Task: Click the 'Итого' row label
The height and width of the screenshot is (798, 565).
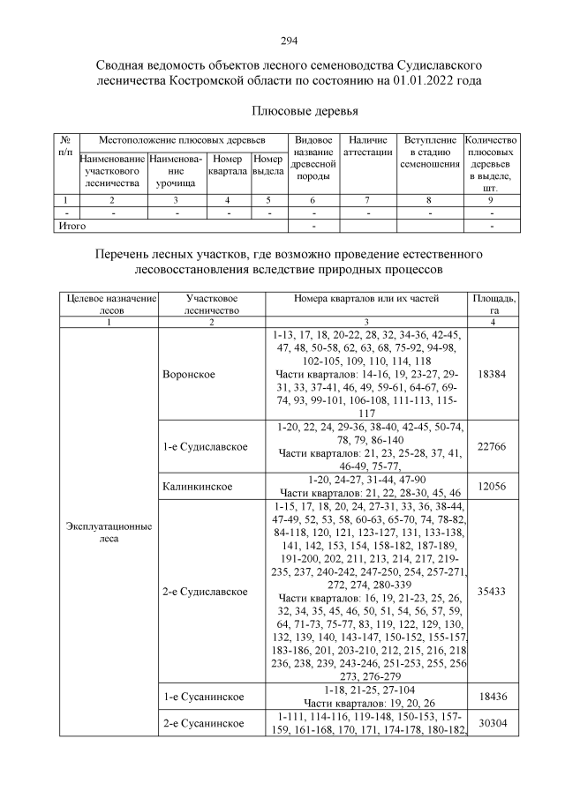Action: (72, 226)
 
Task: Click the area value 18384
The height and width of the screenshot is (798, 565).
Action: (492, 374)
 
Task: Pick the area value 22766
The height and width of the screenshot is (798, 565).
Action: (492, 447)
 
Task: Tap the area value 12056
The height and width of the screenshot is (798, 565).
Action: (492, 486)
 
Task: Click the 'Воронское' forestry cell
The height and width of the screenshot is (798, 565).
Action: (189, 374)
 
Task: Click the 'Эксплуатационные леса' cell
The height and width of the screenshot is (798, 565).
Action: (109, 532)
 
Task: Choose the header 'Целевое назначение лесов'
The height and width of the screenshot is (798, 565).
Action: (109, 304)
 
